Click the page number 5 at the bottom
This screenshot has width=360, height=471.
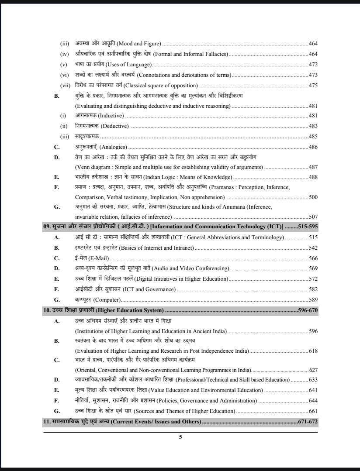click(x=180, y=437)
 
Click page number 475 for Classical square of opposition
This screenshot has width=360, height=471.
click(x=313, y=85)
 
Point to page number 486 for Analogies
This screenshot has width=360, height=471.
click(x=313, y=147)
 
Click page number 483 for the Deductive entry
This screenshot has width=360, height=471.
click(x=313, y=126)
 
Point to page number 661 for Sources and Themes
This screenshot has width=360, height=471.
click(x=313, y=411)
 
